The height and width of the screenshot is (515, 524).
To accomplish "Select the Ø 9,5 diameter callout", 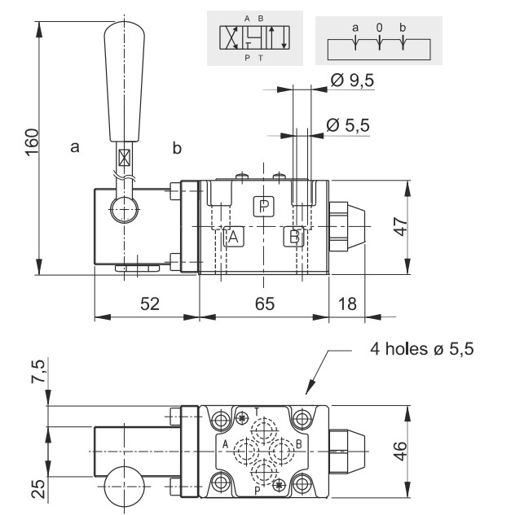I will point(352,81).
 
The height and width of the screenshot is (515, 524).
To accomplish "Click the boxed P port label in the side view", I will point(263,207).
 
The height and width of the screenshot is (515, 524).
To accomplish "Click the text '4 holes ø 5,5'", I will point(421,350).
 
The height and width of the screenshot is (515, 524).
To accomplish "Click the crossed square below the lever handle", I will point(124,158).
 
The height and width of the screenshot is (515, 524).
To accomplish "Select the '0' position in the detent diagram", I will point(379,28).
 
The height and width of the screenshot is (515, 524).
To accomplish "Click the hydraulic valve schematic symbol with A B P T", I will point(254,37).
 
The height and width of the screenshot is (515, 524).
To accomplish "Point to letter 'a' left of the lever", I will point(75,147).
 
